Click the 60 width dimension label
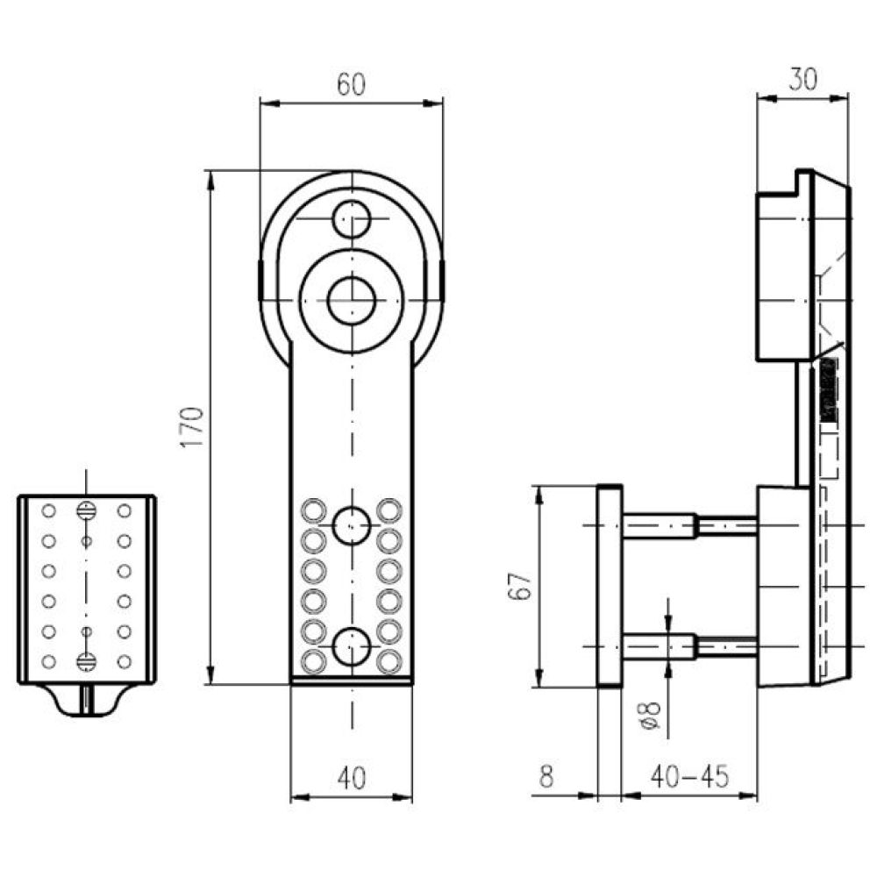[x=352, y=84]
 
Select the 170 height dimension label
[x=192, y=427]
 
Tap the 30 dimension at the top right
[x=802, y=79]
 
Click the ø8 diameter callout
[x=650, y=716]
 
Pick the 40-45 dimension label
[x=690, y=776]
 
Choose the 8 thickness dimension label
[x=546, y=776]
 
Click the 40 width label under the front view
[x=352, y=777]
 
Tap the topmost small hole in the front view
[x=352, y=218]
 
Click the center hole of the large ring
[x=352, y=301]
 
